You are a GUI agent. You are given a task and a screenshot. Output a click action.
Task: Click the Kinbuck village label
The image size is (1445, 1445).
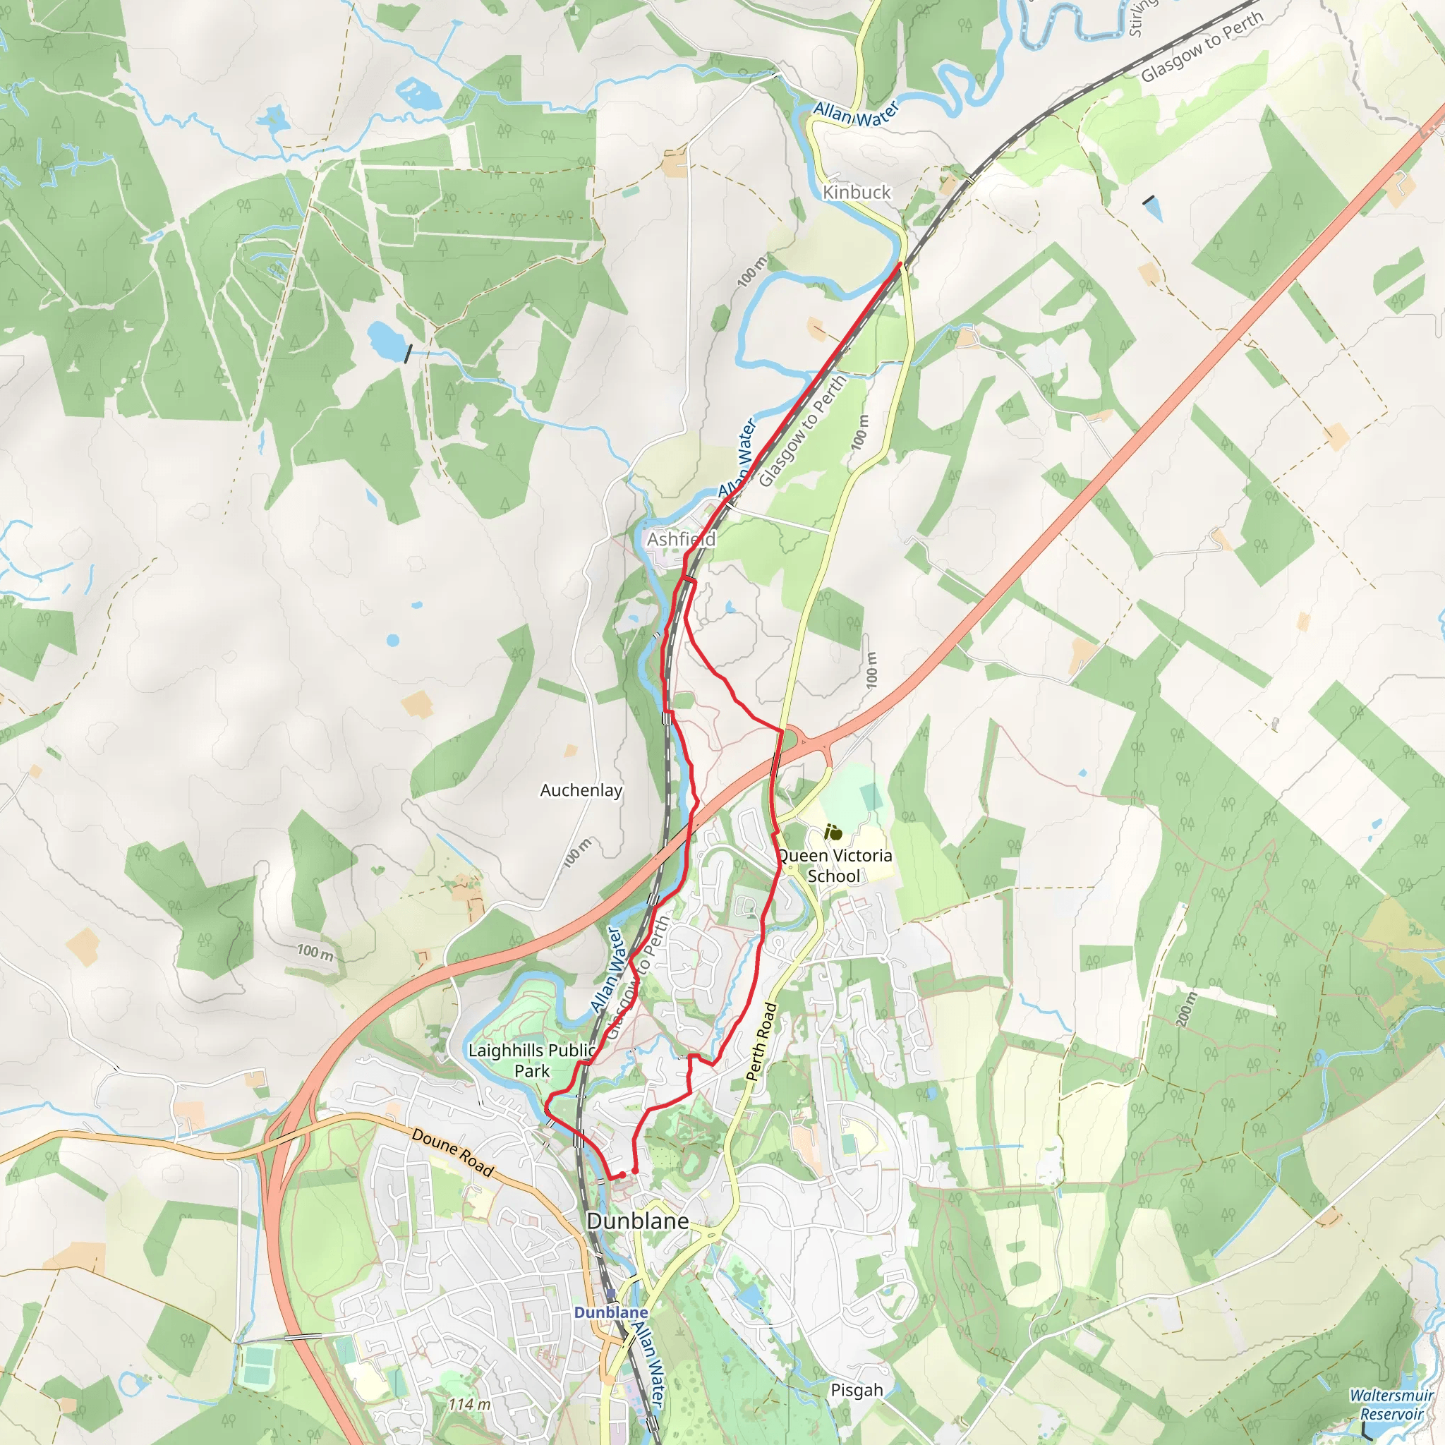click(x=857, y=192)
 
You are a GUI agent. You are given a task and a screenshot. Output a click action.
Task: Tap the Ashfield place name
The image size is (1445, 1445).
click(x=681, y=539)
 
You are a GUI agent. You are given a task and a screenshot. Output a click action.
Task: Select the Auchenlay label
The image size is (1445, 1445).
click(x=581, y=790)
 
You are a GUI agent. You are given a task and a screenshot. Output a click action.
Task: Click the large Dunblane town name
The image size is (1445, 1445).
click(x=637, y=1221)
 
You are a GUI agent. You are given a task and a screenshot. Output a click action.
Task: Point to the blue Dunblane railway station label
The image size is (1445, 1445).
click(x=610, y=1312)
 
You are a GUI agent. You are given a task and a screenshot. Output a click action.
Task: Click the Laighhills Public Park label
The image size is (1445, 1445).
click(x=532, y=1060)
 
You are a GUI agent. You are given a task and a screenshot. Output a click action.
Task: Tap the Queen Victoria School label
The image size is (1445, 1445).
click(x=834, y=865)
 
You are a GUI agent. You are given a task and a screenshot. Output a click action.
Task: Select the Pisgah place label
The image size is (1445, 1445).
click(x=857, y=1390)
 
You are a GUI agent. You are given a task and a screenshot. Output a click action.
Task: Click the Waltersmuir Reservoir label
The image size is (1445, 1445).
click(x=1391, y=1405)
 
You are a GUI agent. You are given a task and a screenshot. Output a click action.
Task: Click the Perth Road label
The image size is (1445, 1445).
click(x=762, y=1042)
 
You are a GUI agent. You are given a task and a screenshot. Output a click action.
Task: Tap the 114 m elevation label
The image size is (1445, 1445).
click(x=469, y=1405)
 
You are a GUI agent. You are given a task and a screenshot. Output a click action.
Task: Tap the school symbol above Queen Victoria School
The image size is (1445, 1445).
click(x=833, y=832)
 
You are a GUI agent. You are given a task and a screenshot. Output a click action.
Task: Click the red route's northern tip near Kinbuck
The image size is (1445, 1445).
click(x=900, y=263)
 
